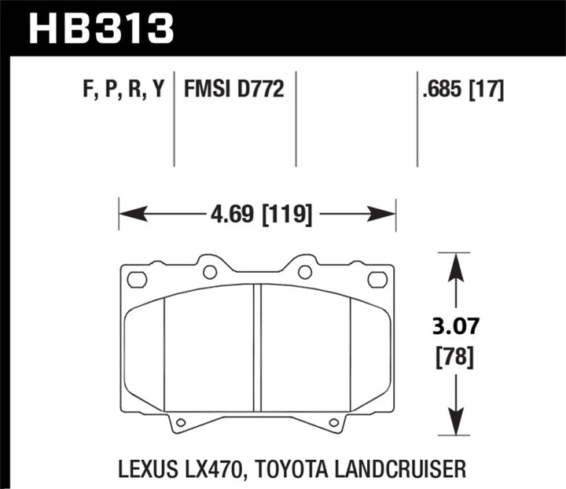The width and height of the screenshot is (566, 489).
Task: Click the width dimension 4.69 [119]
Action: coord(258,214)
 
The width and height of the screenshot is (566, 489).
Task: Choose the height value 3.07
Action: coord(453,324)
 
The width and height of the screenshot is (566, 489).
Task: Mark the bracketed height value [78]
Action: coord(453,358)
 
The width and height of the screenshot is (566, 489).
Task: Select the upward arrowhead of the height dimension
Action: coord(453,264)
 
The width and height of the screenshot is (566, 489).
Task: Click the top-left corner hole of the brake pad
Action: coord(137,278)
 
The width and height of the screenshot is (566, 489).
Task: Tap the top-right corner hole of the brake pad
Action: coord(377,278)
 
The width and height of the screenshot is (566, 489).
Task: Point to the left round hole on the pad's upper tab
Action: coord(209,272)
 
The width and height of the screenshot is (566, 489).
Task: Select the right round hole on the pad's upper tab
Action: coord(305,272)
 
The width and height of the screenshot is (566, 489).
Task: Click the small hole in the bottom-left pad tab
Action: coord(180,423)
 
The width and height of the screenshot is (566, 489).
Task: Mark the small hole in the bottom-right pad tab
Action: coord(334,423)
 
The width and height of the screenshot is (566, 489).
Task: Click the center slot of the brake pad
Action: coord(256,346)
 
